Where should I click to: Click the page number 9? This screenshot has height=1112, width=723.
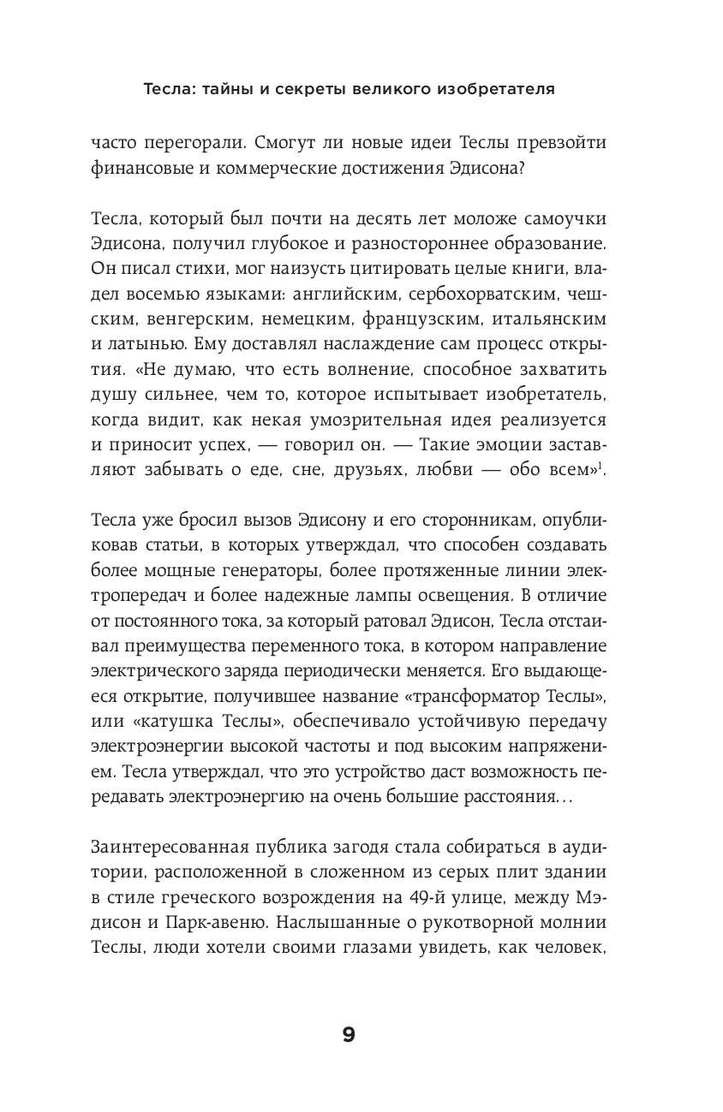coord(348,1035)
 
